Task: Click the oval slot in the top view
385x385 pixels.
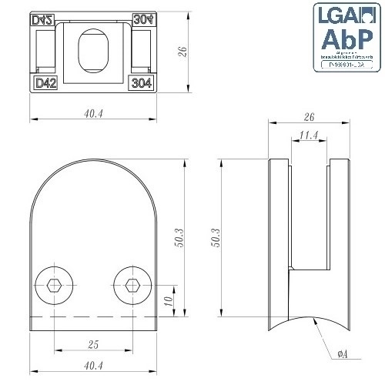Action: pyautogui.click(x=96, y=55)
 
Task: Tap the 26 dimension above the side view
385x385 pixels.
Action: pyautogui.click(x=308, y=116)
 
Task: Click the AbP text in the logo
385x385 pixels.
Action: pyautogui.click(x=346, y=40)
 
